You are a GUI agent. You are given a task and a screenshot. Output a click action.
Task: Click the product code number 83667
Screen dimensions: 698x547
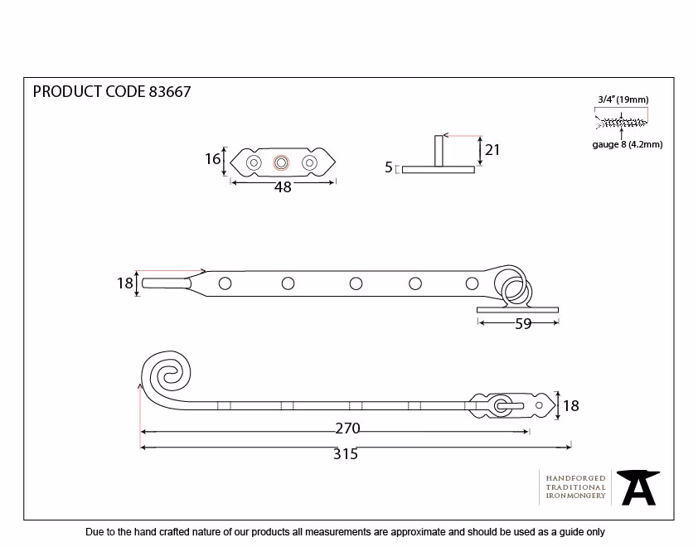170,92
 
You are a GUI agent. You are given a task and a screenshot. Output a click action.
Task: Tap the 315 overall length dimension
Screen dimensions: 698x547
346,454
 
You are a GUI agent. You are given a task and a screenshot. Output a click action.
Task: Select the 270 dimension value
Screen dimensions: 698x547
347,428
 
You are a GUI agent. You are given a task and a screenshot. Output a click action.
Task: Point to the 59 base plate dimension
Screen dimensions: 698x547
524,323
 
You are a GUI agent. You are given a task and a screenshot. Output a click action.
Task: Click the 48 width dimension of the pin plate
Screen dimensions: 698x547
283,187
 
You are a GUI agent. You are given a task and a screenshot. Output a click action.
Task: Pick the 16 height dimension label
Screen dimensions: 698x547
212,158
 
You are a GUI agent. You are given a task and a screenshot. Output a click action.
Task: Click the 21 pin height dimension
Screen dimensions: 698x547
492,150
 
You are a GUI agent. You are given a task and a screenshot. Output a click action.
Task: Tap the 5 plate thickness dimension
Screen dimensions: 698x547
389,167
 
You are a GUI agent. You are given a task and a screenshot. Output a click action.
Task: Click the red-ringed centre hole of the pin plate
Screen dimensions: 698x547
281,163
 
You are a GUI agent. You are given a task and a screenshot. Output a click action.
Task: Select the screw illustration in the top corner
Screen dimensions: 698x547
622,122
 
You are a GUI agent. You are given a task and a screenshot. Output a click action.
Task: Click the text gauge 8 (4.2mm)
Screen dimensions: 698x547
628,145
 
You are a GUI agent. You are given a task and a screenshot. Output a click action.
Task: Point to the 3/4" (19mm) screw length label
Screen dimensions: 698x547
623,99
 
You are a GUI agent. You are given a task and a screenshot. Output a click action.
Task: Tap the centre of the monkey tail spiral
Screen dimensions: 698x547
170,377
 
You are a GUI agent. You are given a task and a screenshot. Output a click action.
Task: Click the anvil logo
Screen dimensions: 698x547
638,487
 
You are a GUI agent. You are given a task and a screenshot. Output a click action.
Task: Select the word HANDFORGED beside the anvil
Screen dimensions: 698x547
575,478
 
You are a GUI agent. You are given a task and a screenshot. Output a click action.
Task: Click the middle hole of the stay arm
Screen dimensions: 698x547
356,283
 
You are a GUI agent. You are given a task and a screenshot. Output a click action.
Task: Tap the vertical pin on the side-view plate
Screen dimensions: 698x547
439,151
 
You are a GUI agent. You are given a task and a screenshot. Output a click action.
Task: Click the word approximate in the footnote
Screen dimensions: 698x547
418,532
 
